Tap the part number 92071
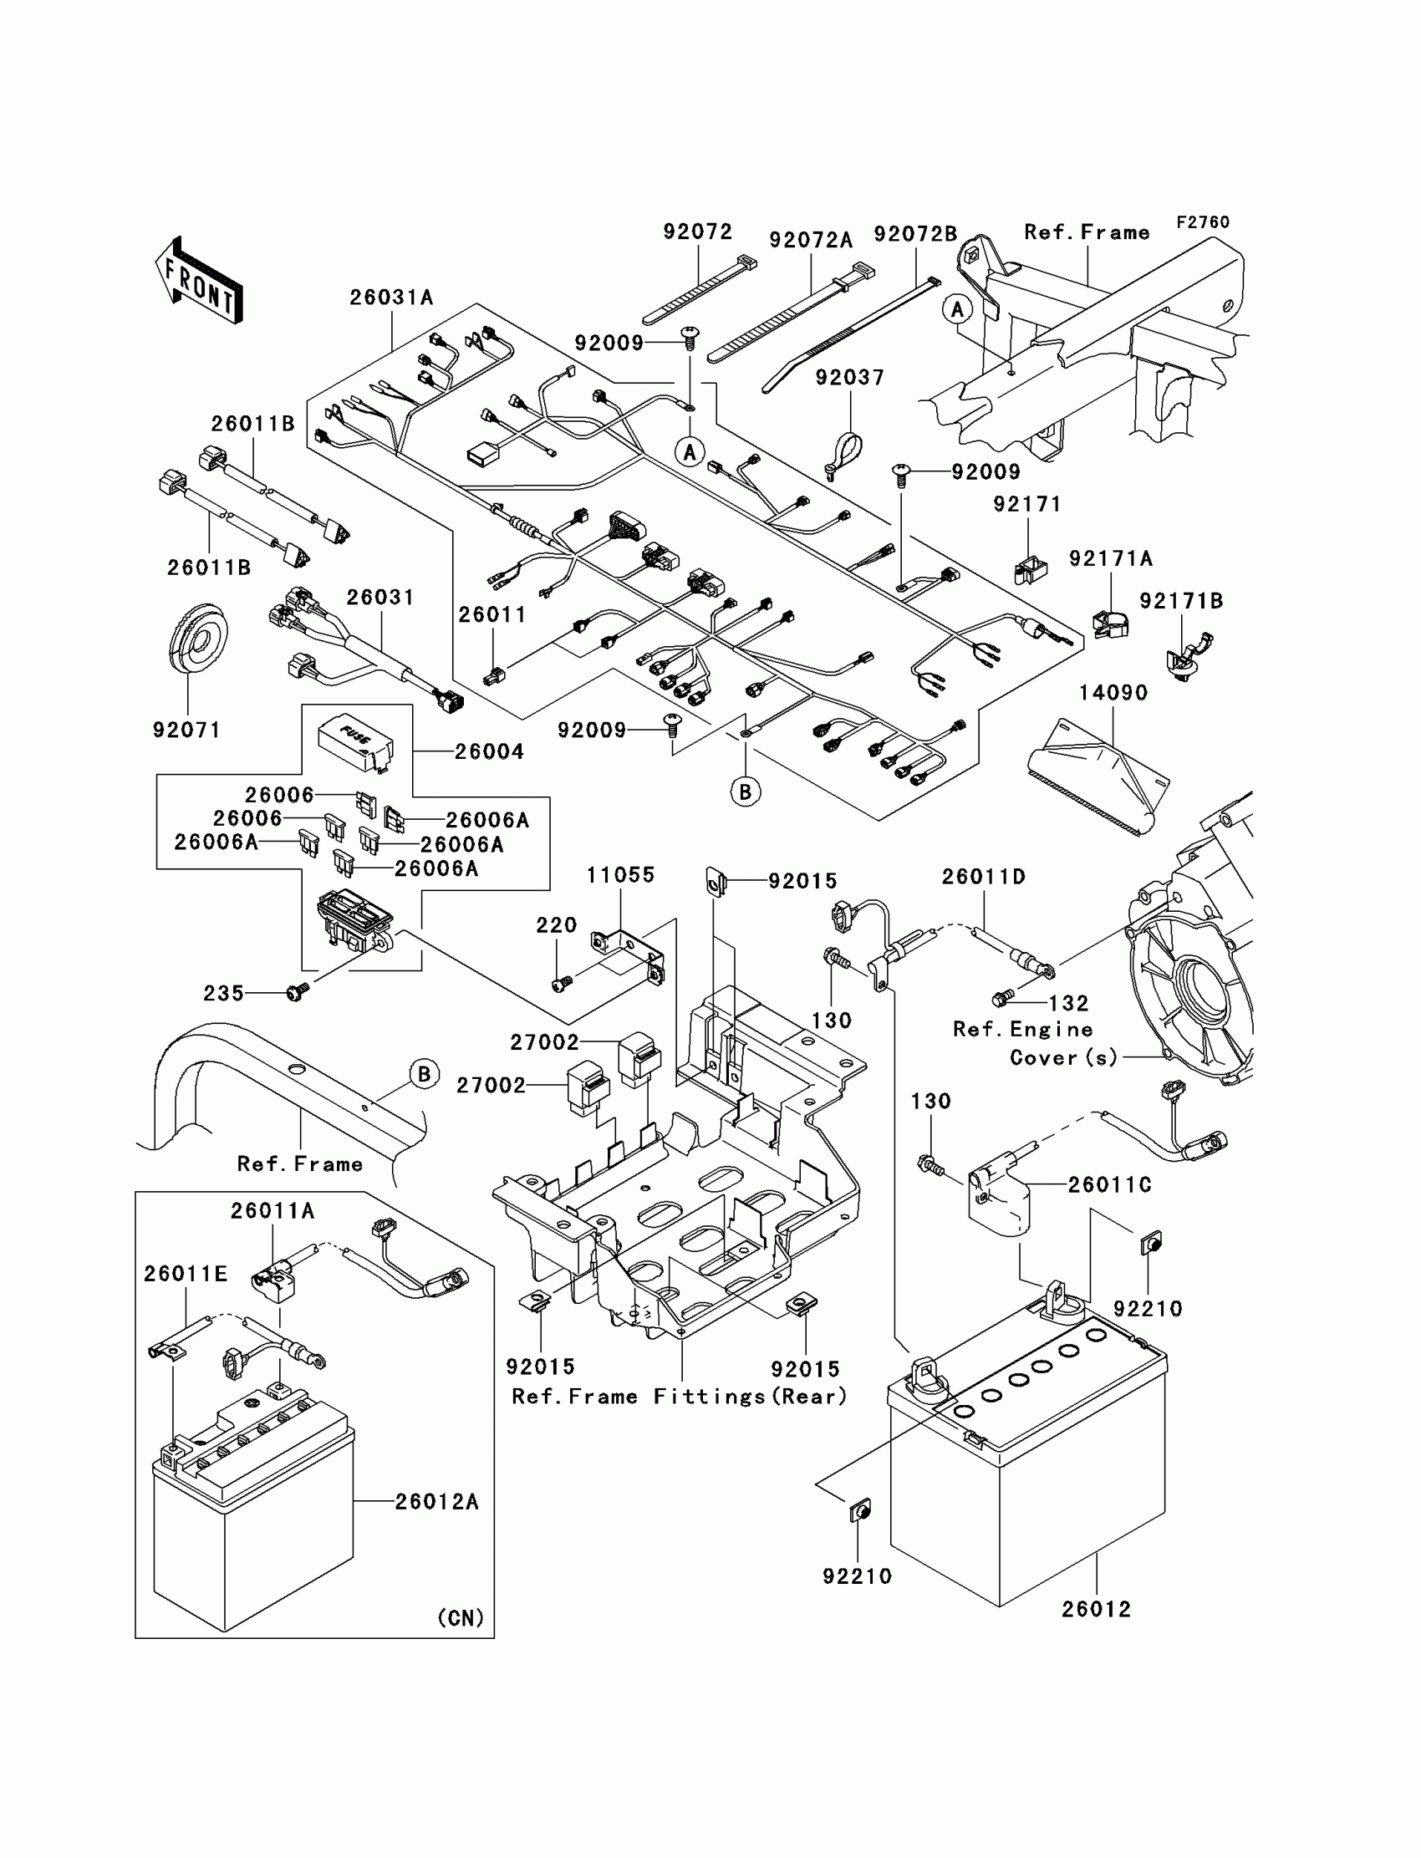point(187,730)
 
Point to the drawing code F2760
point(1203,222)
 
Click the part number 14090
point(1113,693)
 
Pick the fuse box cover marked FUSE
point(356,744)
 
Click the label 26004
point(489,751)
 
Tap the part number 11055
point(621,875)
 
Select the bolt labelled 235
point(298,991)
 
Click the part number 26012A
point(436,1501)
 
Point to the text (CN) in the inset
point(460,1617)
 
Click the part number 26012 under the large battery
point(1096,1609)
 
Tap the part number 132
point(1068,1003)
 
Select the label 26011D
point(984,877)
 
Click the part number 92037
point(849,377)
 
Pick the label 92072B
point(915,234)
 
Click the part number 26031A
point(391,298)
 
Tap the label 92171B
point(1181,600)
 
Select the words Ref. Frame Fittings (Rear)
point(680,1397)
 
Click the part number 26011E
point(186,1274)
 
